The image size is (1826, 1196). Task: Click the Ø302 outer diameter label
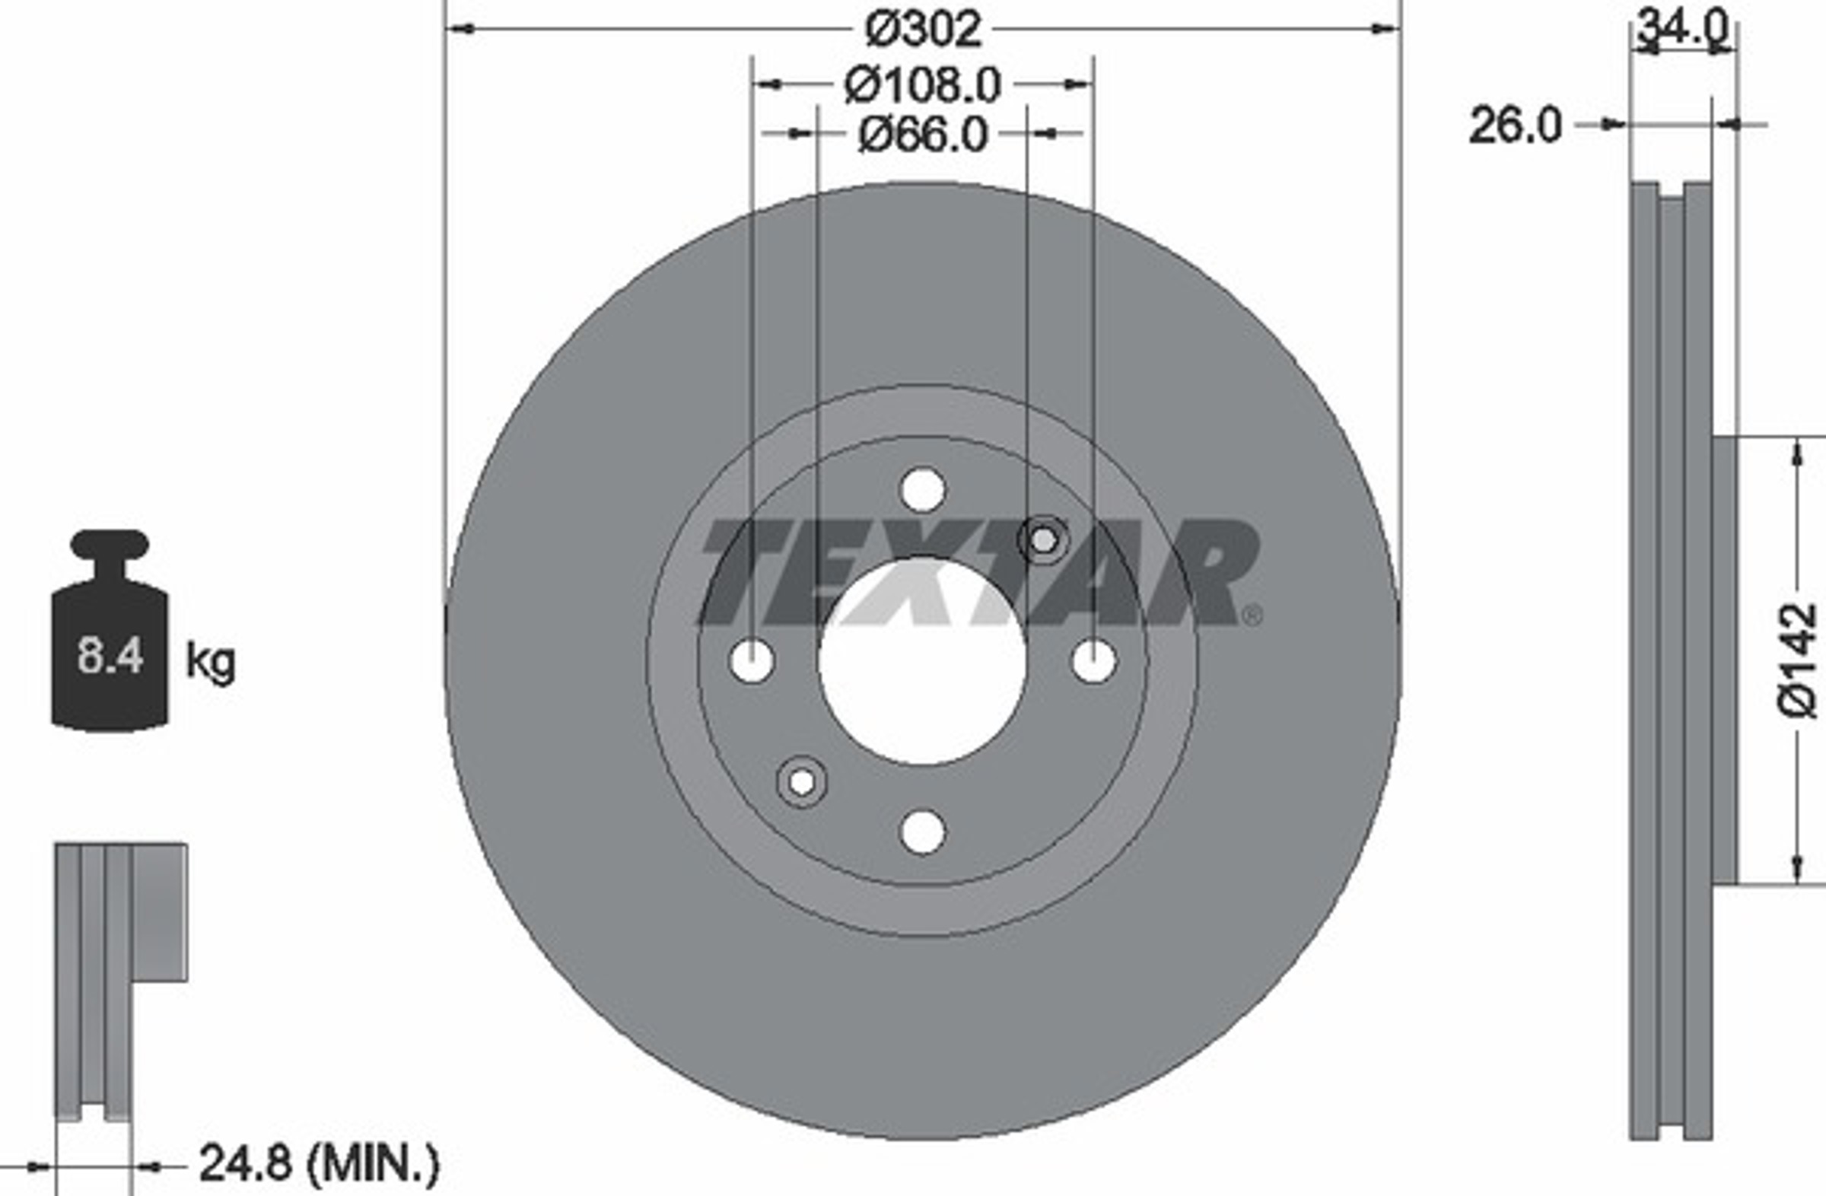click(923, 29)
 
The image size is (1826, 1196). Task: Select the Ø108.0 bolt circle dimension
click(923, 84)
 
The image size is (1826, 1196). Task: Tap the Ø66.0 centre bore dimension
click(923, 135)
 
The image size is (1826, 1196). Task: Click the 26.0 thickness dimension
click(1515, 126)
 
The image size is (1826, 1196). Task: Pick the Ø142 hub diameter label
click(1798, 660)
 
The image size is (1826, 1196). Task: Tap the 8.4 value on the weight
click(110, 657)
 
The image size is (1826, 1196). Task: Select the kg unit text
click(211, 661)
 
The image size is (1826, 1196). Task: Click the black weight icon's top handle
click(110, 544)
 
